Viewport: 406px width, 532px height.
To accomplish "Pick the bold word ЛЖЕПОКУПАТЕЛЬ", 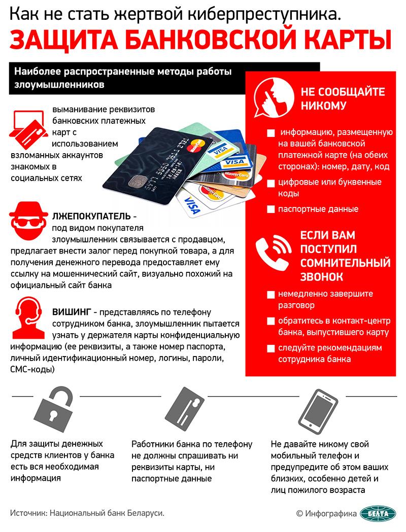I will (88, 216).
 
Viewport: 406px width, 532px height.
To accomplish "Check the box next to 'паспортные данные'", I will (270, 209).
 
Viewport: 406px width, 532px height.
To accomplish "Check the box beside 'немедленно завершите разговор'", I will (270, 294).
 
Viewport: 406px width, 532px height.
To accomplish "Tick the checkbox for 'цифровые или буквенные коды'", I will (270, 183).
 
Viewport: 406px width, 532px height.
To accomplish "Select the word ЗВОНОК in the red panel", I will (321, 277).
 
